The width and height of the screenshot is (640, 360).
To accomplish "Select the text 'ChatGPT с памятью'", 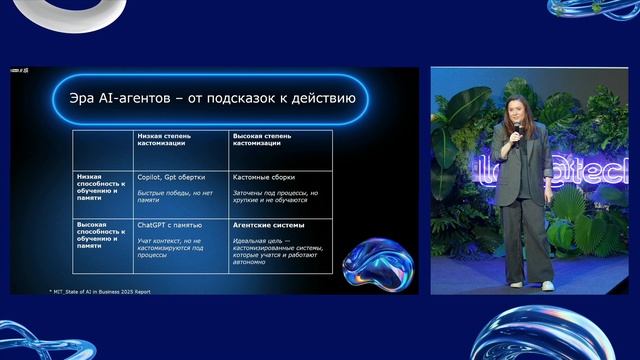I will [x=169, y=226].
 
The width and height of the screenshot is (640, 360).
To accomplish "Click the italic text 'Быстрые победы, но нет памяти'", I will [x=175, y=197].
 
